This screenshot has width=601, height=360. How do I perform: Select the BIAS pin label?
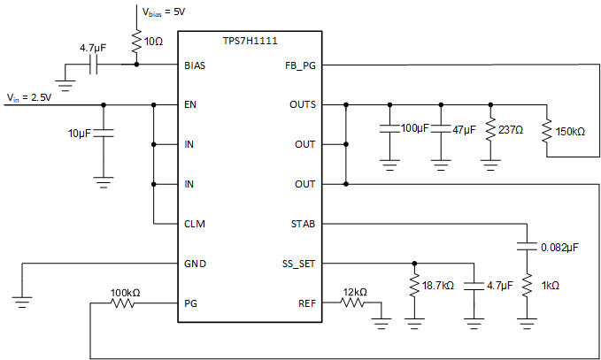(195, 65)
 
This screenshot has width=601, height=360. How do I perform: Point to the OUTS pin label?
(303, 104)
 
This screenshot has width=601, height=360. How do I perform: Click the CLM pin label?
(195, 224)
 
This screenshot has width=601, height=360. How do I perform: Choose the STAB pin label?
(303, 224)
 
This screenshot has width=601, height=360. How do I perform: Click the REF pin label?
(306, 303)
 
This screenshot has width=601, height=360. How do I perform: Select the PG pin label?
(191, 303)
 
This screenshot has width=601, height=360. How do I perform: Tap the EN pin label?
(190, 104)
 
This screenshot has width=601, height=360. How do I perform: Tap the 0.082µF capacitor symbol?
(527, 246)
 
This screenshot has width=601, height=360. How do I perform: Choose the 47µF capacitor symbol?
(439, 129)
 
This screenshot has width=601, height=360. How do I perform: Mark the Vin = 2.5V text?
(30, 96)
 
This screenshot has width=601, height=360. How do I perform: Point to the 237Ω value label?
(512, 129)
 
